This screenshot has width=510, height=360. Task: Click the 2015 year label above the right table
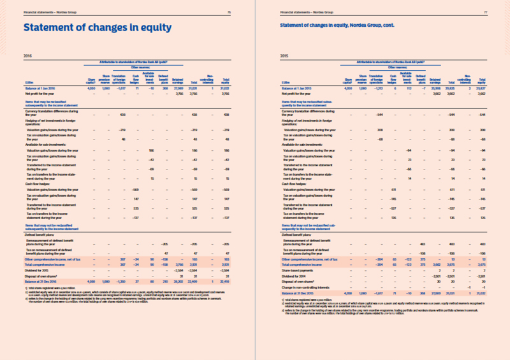pos(285,55)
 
